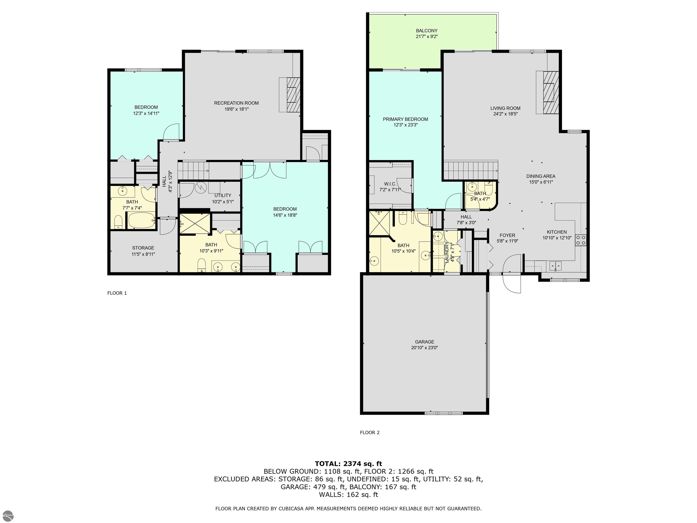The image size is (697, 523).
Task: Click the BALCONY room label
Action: point(427,31)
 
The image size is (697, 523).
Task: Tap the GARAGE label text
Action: point(425,342)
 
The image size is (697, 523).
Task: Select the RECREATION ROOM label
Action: point(236,103)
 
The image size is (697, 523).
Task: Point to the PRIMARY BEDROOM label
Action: point(405,119)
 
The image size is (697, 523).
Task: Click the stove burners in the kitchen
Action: point(581,240)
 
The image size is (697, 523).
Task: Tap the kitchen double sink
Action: point(555,266)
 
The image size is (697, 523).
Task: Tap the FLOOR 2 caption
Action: point(370,432)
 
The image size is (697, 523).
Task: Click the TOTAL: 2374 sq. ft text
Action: point(348,464)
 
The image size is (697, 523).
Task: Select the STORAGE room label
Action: point(143,248)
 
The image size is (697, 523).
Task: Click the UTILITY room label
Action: point(223,195)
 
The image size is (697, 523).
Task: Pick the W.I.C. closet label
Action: point(390,184)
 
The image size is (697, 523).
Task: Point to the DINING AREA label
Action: point(541,176)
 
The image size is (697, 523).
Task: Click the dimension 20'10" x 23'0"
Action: point(425,348)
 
